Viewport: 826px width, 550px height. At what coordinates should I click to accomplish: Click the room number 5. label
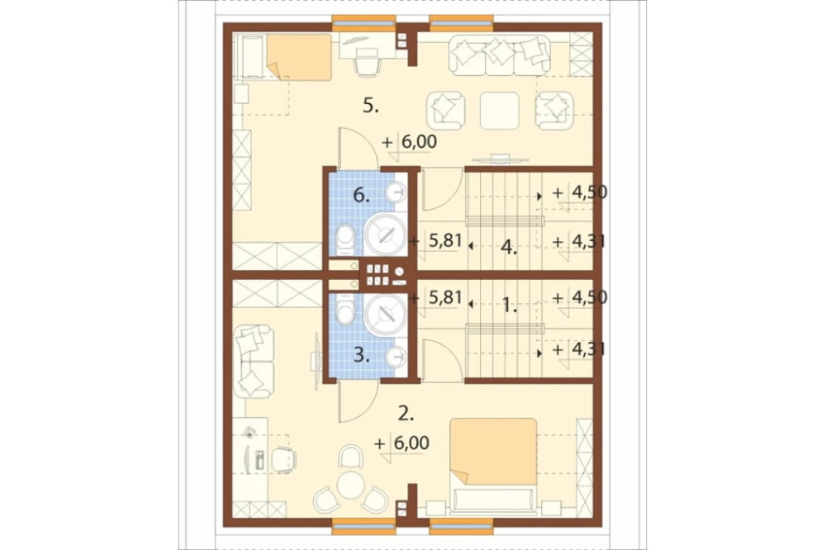(x=371, y=106)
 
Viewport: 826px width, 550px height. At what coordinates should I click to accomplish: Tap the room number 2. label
(x=406, y=414)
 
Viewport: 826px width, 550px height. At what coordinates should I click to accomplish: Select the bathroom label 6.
(x=361, y=196)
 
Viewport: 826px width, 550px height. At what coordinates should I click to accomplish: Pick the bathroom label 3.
(x=362, y=355)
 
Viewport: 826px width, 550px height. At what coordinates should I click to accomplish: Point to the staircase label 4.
(x=508, y=247)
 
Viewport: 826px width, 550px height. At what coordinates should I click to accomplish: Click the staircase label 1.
(x=508, y=305)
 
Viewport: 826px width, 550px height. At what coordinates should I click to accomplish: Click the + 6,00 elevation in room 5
(x=410, y=142)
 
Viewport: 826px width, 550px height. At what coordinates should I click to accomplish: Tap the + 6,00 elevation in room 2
(x=401, y=443)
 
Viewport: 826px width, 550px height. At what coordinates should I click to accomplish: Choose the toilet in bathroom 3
(x=345, y=310)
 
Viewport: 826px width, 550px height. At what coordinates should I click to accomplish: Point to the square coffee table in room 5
(x=500, y=111)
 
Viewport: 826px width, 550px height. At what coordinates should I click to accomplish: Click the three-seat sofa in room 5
(x=500, y=55)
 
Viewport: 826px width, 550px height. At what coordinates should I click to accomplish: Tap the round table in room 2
(x=349, y=485)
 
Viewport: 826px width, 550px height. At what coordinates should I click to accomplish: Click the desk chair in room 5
(x=368, y=64)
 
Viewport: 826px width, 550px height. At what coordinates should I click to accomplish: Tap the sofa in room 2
(x=254, y=361)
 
